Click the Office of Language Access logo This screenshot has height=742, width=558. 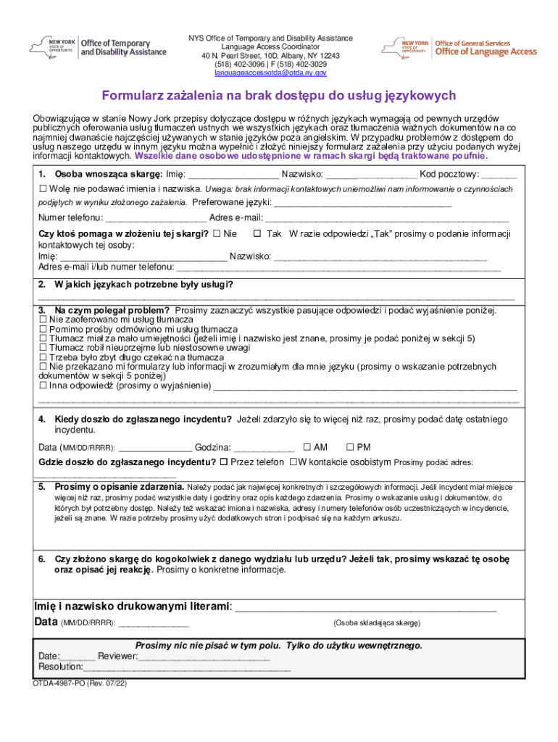pyautogui.click(x=459, y=48)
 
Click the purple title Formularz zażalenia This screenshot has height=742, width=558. pyautogui.click(x=278, y=96)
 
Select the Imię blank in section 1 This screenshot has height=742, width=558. pyautogui.click(x=233, y=175)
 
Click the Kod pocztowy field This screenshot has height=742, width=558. pyautogui.click(x=499, y=175)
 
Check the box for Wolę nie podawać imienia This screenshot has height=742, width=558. pyautogui.click(x=43, y=188)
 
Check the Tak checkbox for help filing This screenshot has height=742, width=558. pyautogui.click(x=257, y=234)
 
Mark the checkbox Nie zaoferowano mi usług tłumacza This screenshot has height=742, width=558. pyautogui.click(x=43, y=319)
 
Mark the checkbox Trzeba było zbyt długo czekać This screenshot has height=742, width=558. pyautogui.click(x=43, y=357)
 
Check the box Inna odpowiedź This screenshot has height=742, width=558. pyautogui.click(x=43, y=386)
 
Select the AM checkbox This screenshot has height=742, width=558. pyautogui.click(x=307, y=447)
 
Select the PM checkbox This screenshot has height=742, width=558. pyautogui.click(x=351, y=447)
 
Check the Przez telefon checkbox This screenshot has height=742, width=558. pyautogui.click(x=224, y=462)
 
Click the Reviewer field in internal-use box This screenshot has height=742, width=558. pyautogui.click(x=203, y=656)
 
